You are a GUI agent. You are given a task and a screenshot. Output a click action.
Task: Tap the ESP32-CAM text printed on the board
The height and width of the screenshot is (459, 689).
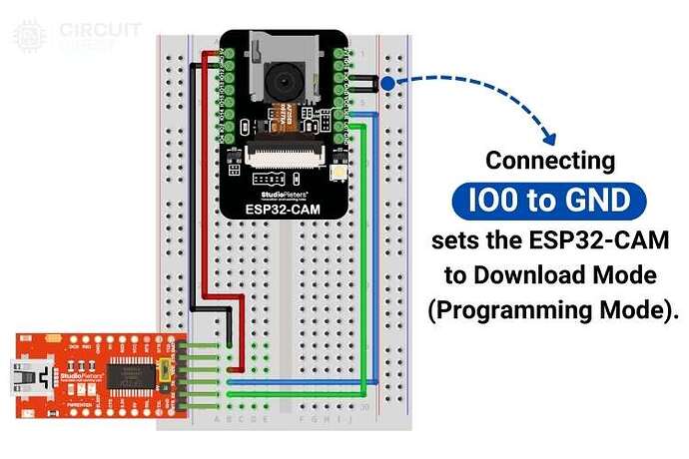pos(284,210)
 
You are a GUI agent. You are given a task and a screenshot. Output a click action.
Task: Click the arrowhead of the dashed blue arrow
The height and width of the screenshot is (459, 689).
pos(547,139)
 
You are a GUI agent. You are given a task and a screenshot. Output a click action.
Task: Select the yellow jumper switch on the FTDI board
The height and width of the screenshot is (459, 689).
pos(164,371)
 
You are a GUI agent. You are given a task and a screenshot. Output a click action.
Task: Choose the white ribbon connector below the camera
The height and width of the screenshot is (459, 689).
pos(284,157)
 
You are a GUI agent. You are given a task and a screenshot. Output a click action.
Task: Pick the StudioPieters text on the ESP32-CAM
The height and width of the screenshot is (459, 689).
pos(284,186)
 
